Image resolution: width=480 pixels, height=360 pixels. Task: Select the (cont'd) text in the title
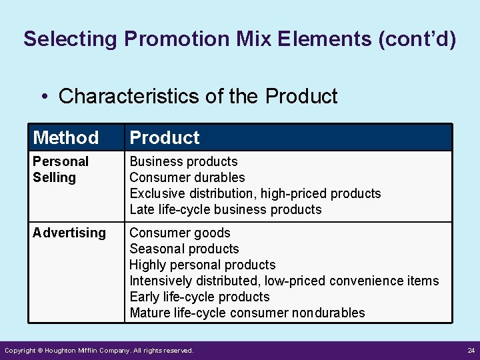(417, 39)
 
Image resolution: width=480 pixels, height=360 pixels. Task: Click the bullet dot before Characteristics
(43, 97)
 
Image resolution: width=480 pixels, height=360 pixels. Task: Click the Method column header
(65, 138)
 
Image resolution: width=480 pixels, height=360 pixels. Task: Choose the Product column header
(165, 138)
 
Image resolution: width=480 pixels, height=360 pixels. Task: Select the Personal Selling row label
(60, 169)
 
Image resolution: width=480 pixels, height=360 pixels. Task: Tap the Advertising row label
(69, 233)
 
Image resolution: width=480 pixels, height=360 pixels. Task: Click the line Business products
(183, 161)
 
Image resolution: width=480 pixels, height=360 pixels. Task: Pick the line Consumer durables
(187, 177)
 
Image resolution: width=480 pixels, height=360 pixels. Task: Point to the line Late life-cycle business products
(225, 209)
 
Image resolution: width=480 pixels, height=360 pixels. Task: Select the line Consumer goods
(180, 233)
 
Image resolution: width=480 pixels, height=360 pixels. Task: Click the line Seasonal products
(184, 249)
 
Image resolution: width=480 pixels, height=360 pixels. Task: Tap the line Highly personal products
(202, 265)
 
